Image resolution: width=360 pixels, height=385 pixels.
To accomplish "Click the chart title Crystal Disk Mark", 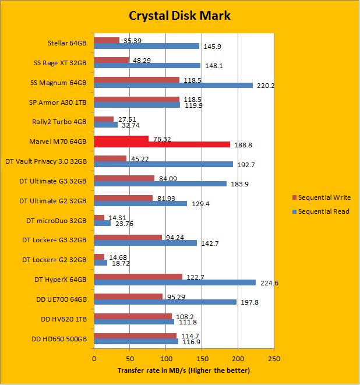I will [x=179, y=16].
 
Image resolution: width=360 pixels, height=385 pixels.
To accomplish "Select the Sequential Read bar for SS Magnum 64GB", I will [x=173, y=85].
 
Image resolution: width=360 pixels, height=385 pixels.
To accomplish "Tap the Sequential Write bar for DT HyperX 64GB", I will [x=138, y=277].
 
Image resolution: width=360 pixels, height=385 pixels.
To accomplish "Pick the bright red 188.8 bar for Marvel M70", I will [x=162, y=144].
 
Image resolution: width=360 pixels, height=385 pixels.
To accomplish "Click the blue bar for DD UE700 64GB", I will [x=165, y=302].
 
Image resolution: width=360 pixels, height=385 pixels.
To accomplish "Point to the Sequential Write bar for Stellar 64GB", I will [x=107, y=40].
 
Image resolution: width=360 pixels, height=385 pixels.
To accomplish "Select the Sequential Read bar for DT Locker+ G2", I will [x=100, y=263].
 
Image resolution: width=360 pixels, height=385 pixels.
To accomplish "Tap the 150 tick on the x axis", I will [x=202, y=358].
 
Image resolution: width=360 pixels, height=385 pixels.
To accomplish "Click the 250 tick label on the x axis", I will [x=274, y=358].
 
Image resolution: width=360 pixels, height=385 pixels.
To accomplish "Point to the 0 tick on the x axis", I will [x=94, y=358].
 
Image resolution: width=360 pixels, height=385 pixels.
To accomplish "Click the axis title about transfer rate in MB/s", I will [x=183, y=370].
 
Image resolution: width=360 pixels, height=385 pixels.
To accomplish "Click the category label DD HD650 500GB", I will [x=58, y=339].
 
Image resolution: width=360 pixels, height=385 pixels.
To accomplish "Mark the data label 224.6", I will [x=266, y=284].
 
